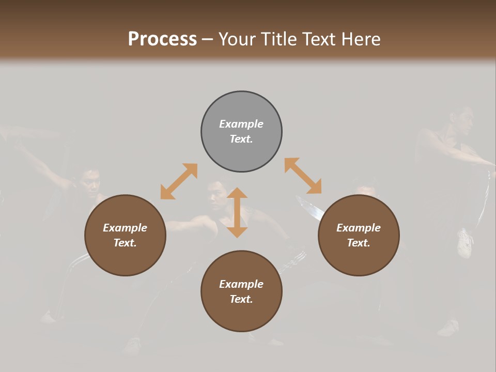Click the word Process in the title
point(162,39)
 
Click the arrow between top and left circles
point(179,181)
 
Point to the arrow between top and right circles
point(303,176)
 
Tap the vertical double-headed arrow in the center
point(237,213)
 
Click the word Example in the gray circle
point(241,124)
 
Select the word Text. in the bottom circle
point(241,299)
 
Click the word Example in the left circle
point(125,228)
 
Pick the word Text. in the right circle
point(359,243)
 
